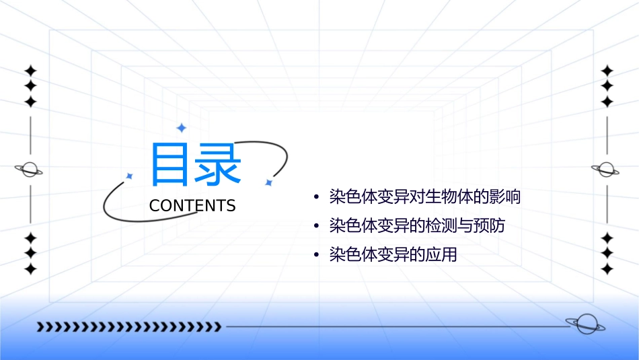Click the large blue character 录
219,164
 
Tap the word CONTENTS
192,206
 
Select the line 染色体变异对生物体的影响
425,197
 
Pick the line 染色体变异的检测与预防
417,226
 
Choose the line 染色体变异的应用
393,255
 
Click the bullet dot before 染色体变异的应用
316,256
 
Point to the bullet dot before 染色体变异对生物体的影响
316,198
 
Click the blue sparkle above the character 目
181,128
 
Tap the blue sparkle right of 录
268,182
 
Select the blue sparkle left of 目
129,176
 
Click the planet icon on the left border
30,170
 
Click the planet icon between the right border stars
607,170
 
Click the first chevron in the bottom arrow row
40,327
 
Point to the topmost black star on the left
30,71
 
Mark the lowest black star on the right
607,269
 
